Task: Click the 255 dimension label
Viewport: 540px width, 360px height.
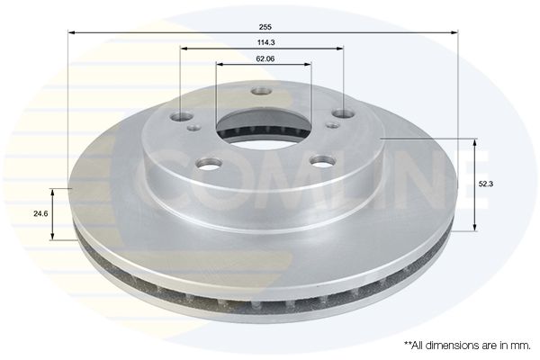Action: point(265,27)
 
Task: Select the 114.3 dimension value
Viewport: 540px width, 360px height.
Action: point(265,42)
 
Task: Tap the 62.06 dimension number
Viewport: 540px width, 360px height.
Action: point(265,58)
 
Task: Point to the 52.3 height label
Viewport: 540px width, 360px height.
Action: point(486,184)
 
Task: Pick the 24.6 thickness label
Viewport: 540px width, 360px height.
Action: point(40,213)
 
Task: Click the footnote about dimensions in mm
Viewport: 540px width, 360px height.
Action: point(467,346)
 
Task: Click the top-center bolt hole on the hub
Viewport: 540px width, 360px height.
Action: point(261,91)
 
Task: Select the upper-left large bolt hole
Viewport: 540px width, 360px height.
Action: point(182,116)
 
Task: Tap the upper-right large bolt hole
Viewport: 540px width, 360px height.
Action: point(343,113)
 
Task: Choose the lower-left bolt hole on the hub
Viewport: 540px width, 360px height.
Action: point(209,164)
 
